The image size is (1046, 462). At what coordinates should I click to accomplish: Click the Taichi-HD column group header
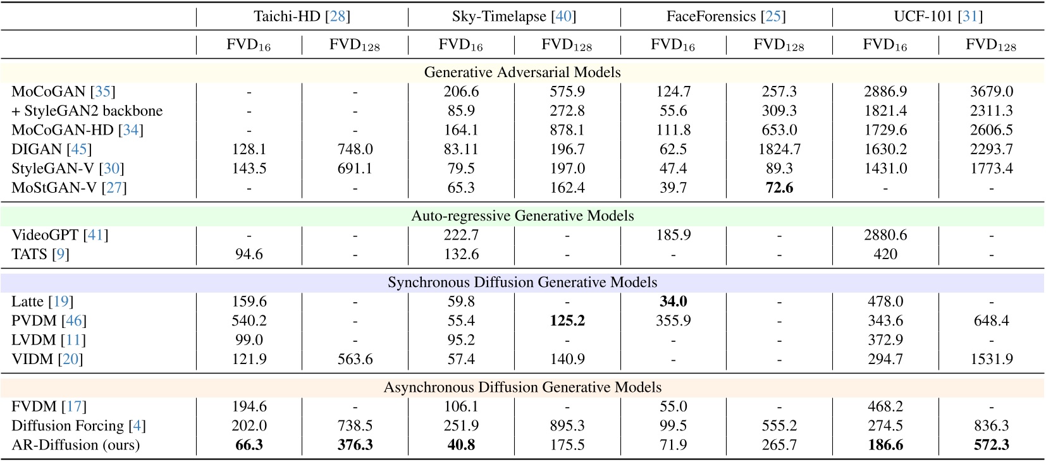[x=302, y=16]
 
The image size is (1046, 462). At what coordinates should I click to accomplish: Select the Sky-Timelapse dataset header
[x=514, y=16]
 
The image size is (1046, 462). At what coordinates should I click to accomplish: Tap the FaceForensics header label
[x=725, y=16]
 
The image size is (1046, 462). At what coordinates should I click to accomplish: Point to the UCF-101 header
[x=938, y=16]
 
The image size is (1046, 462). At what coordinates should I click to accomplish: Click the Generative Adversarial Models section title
[x=522, y=72]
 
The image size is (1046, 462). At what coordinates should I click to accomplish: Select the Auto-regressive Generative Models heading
[x=522, y=216]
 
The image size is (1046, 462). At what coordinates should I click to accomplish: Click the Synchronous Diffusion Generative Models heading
[x=522, y=282]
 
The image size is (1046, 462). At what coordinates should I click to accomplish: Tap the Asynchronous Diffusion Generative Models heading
[x=522, y=387]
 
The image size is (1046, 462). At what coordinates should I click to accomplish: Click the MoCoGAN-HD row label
[x=77, y=130]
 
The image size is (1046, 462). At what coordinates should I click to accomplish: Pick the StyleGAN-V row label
[x=68, y=169]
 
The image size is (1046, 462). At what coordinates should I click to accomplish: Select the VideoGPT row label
[x=60, y=235]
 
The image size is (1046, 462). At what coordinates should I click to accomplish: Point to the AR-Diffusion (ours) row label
[x=76, y=445]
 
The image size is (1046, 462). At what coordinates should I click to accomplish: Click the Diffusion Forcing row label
[x=78, y=426]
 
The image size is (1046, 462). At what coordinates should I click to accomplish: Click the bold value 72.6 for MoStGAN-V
[x=779, y=188]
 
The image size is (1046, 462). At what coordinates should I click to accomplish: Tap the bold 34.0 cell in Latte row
[x=673, y=301]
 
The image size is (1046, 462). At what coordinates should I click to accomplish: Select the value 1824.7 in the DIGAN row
[x=779, y=149]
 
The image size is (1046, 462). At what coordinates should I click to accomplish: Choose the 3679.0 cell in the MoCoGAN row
[x=991, y=92]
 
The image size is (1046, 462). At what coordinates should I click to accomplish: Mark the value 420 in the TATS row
[x=885, y=254]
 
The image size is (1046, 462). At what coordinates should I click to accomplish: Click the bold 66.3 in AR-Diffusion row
[x=249, y=445]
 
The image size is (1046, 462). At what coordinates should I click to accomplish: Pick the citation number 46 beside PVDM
[x=73, y=321]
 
